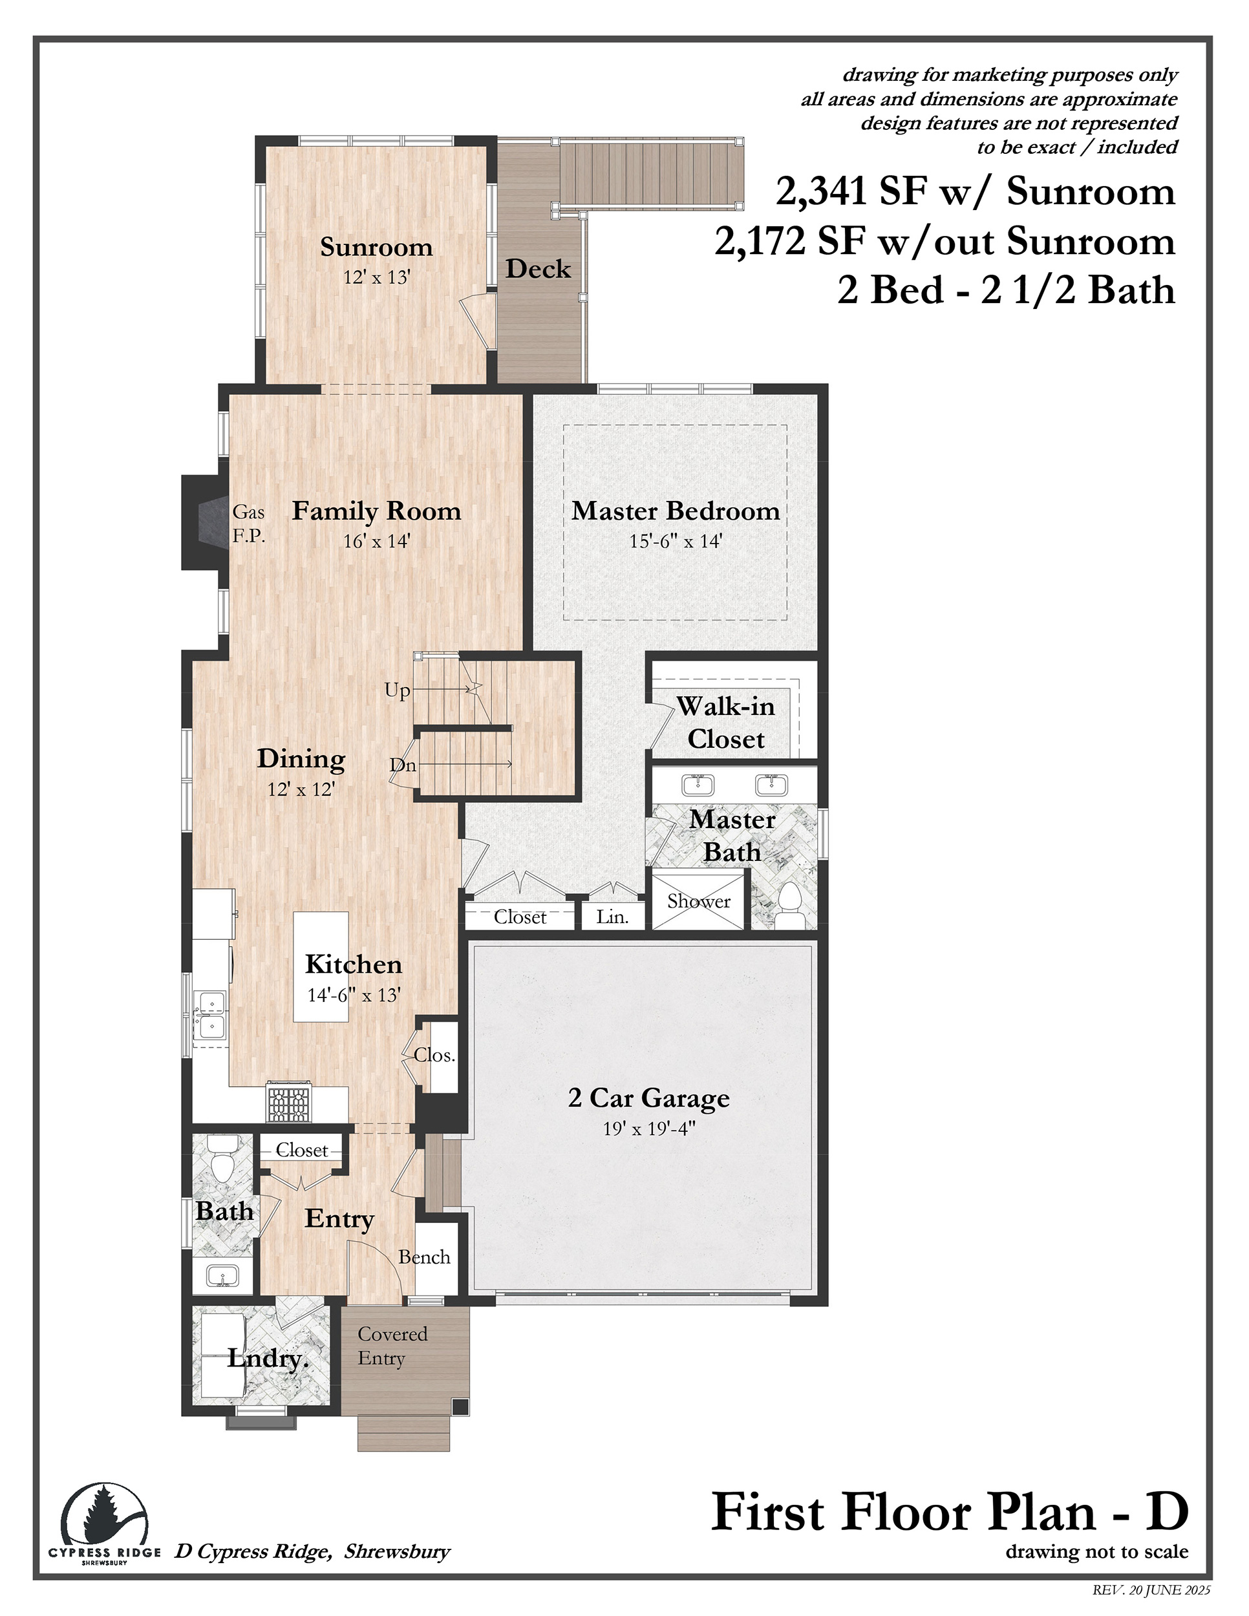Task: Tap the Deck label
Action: pos(538,269)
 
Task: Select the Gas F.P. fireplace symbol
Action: pos(205,522)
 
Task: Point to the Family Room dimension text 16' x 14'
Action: pos(377,541)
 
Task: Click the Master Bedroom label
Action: pos(676,511)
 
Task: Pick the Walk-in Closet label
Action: pos(726,722)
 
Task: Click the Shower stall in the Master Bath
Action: pos(698,901)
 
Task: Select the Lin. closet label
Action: pos(613,917)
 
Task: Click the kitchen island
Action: pos(321,967)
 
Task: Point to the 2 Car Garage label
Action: pos(649,1098)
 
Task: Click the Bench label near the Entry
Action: pos(424,1257)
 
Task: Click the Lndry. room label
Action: pos(268,1359)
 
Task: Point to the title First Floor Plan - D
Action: pos(950,1513)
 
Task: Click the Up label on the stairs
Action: pos(398,691)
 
